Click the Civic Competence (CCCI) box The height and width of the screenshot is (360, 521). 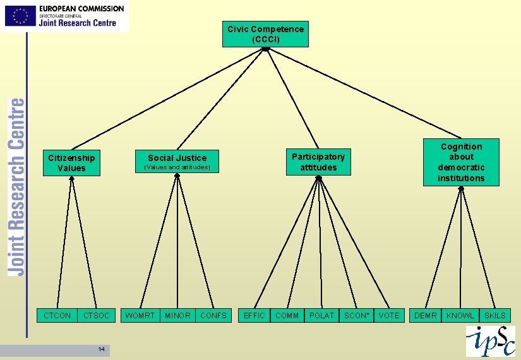click(x=265, y=34)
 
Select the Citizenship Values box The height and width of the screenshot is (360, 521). click(x=71, y=163)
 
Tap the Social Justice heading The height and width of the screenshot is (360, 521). click(x=177, y=158)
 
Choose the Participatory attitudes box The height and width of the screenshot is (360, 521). click(x=318, y=162)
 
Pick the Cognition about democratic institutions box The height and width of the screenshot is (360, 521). click(x=461, y=162)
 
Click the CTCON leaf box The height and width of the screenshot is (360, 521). click(x=58, y=315)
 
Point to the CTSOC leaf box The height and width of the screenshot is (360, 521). click(x=97, y=315)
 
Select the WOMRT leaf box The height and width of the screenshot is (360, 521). click(x=140, y=315)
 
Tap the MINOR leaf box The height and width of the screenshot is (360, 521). click(x=177, y=315)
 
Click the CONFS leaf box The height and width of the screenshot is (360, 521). click(x=213, y=315)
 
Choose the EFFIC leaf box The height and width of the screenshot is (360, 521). click(x=255, y=315)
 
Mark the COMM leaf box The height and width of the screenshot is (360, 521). click(x=287, y=315)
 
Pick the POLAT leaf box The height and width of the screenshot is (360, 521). click(x=321, y=315)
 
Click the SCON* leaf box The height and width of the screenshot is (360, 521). click(x=357, y=315)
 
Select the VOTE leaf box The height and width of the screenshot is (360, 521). click(x=389, y=315)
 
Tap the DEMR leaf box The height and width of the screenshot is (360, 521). click(x=425, y=315)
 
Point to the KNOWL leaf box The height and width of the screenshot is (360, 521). click(x=460, y=315)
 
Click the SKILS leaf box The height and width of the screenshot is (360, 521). click(x=495, y=315)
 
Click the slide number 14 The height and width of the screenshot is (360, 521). click(x=101, y=349)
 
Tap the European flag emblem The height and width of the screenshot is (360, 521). click(x=20, y=16)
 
